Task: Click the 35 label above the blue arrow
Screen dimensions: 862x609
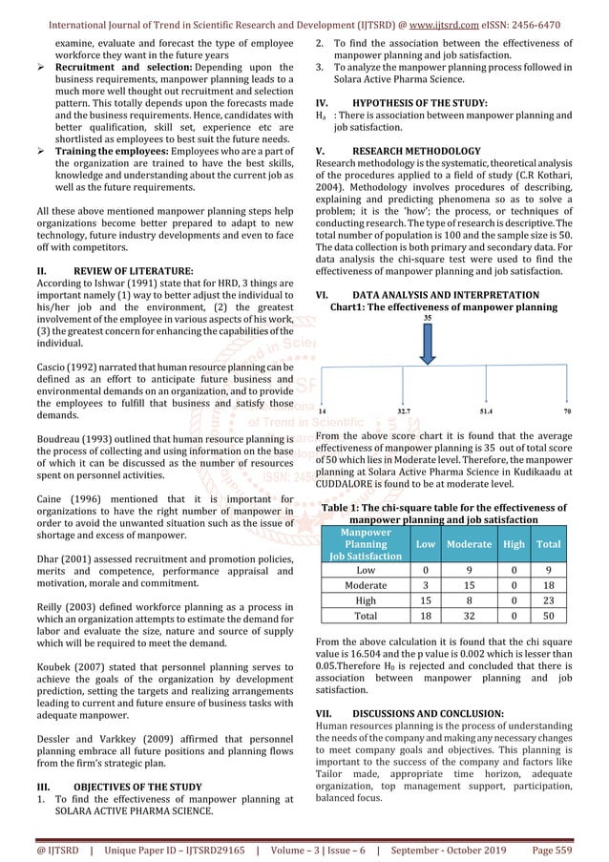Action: click(427, 319)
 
